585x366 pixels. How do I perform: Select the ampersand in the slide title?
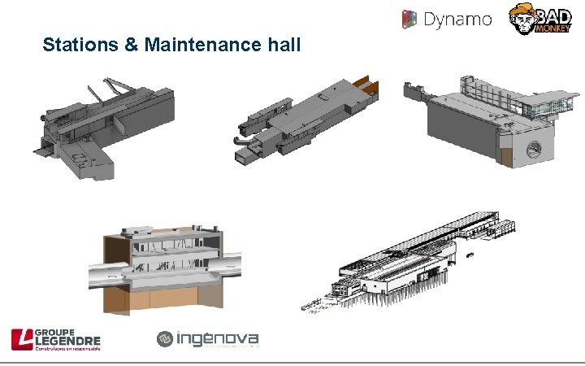click(132, 45)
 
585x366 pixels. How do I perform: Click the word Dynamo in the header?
click(458, 19)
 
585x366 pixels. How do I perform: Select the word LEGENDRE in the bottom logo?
click(69, 341)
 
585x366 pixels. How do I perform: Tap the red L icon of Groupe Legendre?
click(21, 339)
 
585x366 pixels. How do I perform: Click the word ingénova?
click(218, 338)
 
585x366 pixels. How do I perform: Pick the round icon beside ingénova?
click(165, 338)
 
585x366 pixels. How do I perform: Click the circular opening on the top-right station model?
click(535, 149)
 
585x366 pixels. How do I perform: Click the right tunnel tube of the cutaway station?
click(232, 265)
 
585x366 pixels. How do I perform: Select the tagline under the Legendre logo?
click(67, 349)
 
